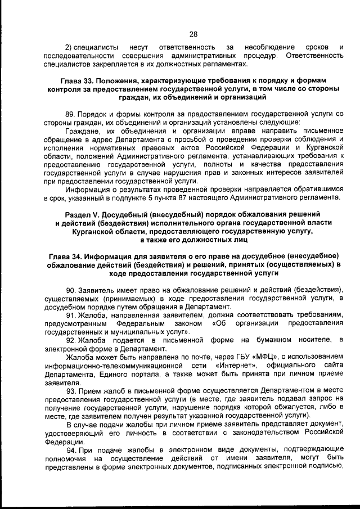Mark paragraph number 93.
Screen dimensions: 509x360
pos(70,390)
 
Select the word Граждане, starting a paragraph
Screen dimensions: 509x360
pos(82,130)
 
